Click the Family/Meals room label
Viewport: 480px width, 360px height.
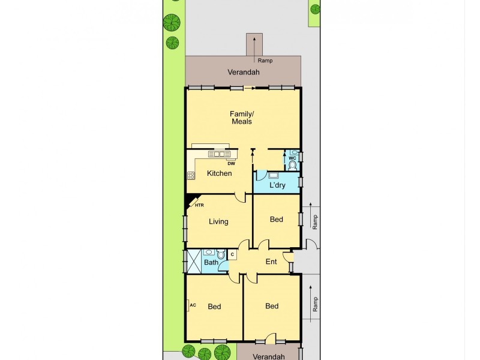(x=241, y=118)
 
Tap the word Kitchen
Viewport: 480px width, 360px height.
(x=219, y=173)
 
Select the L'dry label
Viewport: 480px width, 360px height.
(x=277, y=185)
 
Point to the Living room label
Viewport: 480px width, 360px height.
(x=218, y=221)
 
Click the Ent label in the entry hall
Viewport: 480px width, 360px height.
(x=271, y=261)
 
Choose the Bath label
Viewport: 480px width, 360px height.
(x=211, y=262)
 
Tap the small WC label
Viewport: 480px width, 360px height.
(x=293, y=158)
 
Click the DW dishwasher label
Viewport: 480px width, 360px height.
(x=231, y=163)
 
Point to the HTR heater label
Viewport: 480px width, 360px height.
(x=199, y=205)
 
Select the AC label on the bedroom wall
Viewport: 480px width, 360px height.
(x=193, y=305)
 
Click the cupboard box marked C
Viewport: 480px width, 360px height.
(x=232, y=255)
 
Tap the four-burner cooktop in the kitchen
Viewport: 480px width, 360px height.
(x=191, y=175)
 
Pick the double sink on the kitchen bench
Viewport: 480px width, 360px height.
(x=216, y=154)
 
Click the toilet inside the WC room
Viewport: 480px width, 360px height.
(x=293, y=165)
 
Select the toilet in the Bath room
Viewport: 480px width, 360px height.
(x=221, y=255)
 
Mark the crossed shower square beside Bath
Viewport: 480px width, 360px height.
(x=194, y=261)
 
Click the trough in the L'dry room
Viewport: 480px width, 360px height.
(x=273, y=176)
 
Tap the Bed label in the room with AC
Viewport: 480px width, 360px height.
(x=214, y=307)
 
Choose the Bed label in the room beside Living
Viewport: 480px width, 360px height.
(x=276, y=220)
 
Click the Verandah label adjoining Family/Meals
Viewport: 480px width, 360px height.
(x=243, y=73)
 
